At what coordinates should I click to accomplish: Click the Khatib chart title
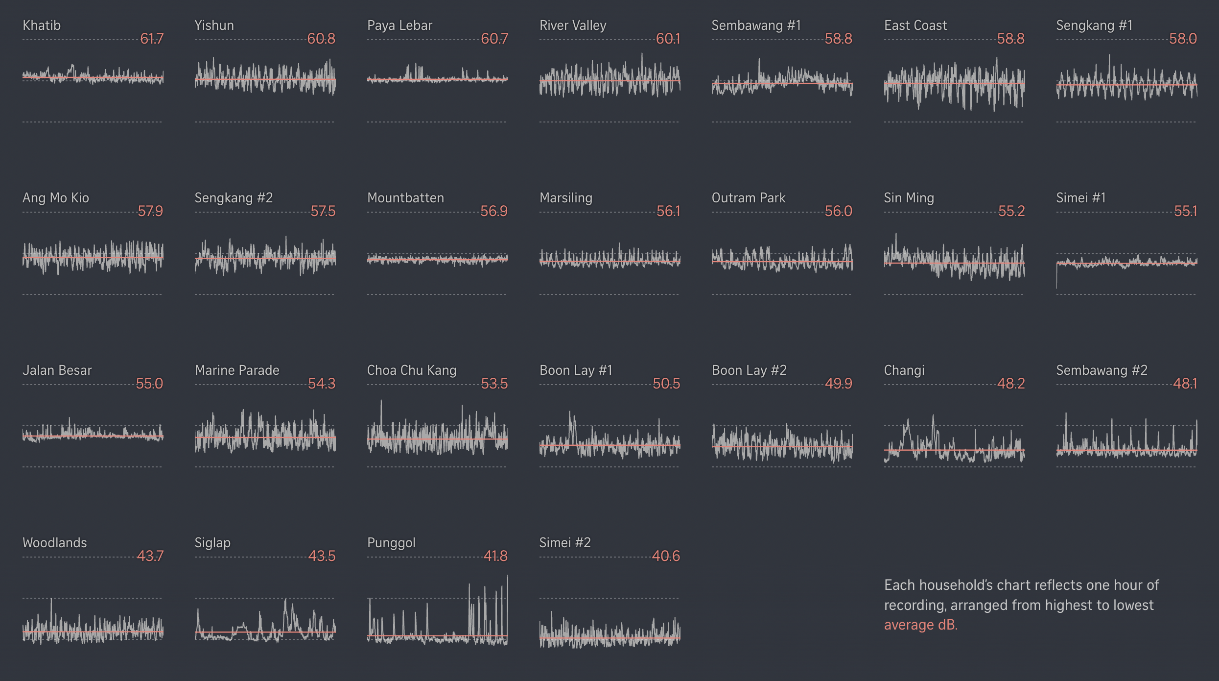pos(42,25)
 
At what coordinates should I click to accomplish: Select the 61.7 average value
pos(152,39)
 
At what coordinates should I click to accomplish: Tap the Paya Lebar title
pos(399,25)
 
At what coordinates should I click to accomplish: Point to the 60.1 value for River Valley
pos(668,39)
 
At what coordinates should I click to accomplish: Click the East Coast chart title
pos(915,25)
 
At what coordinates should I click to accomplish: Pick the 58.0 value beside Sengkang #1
pos(1183,39)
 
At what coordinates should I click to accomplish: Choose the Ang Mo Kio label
pos(56,198)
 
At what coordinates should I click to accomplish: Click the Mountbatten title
pos(405,198)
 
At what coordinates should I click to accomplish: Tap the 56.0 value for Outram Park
pos(838,211)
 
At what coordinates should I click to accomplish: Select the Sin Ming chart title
pos(909,198)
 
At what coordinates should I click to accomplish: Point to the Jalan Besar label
pos(57,370)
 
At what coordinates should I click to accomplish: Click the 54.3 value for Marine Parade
pos(322,384)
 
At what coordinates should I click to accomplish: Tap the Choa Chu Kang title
pos(411,370)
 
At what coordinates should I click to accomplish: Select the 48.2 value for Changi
pos(1011,384)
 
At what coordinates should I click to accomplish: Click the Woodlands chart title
pos(54,543)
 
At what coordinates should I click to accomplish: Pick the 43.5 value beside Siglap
pos(322,556)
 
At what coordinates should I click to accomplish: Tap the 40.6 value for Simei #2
pos(666,556)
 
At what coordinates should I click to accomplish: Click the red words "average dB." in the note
pos(920,625)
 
